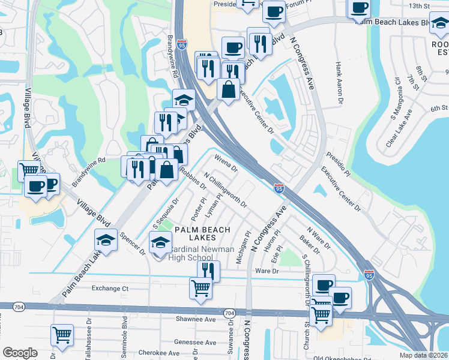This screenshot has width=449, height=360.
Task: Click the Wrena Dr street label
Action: click(x=226, y=163)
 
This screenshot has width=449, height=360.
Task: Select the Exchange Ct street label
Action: click(x=110, y=289)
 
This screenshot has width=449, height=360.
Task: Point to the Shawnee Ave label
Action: click(x=196, y=319)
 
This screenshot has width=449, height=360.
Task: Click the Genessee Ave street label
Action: click(x=194, y=343)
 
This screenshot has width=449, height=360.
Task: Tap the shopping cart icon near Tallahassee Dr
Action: click(x=62, y=335)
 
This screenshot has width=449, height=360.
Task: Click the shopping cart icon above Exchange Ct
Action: click(x=200, y=287)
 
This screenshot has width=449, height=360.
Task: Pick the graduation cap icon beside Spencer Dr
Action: click(x=106, y=241)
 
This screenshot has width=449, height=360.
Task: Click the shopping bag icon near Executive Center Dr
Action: click(x=229, y=90)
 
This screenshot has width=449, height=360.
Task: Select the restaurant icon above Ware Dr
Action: click(x=208, y=271)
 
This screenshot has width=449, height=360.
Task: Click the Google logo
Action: click(x=20, y=353)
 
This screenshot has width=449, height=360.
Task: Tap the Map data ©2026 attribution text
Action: click(x=424, y=355)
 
